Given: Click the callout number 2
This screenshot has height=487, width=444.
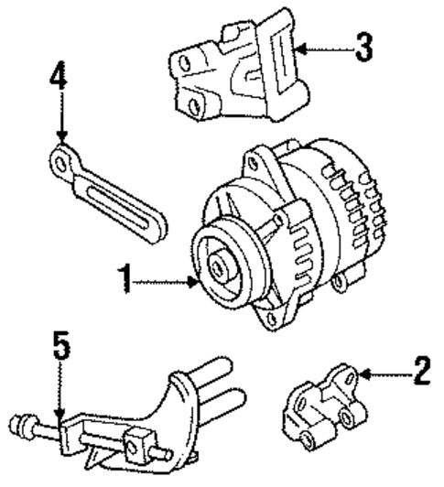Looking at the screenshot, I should (x=421, y=371).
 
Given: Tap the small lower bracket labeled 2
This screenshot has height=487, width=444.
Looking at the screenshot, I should (x=326, y=403).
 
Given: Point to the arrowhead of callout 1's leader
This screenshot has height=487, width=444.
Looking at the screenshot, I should (x=196, y=285).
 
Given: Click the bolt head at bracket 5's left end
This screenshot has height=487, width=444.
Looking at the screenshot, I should (x=21, y=425).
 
